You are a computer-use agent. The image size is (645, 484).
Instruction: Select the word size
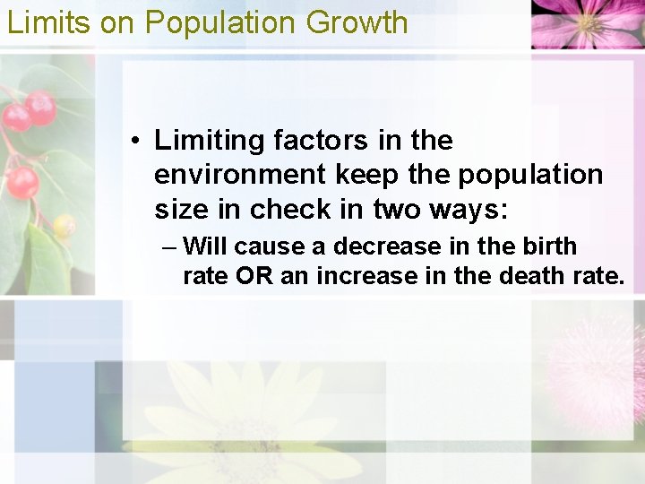click(180, 209)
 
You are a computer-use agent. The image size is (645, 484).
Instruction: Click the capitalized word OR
click(254, 276)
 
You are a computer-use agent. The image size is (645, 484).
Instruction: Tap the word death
click(530, 276)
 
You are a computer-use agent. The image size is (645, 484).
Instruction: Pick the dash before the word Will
click(169, 247)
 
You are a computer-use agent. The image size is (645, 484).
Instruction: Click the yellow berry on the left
click(64, 226)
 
